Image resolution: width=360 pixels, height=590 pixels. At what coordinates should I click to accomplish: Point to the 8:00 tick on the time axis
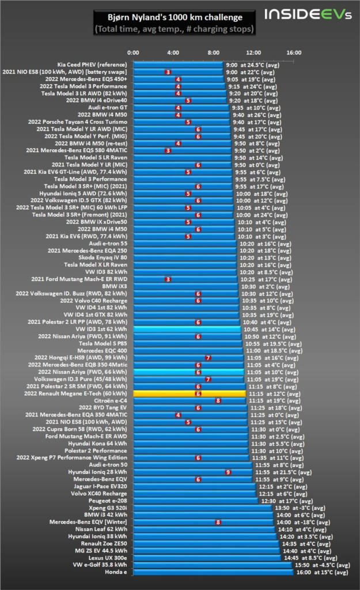(x=213, y=53)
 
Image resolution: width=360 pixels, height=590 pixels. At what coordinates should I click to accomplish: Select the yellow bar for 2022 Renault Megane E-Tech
(x=190, y=394)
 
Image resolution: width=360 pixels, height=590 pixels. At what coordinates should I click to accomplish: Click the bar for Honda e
(x=213, y=572)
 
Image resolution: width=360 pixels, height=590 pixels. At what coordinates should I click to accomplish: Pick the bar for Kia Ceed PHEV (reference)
(x=179, y=65)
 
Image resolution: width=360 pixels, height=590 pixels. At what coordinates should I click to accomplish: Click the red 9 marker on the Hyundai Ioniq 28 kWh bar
(x=228, y=472)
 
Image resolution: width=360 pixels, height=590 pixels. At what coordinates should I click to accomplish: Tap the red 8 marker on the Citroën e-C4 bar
(x=218, y=400)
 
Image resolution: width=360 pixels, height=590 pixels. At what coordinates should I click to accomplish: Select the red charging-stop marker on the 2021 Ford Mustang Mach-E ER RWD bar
(x=168, y=279)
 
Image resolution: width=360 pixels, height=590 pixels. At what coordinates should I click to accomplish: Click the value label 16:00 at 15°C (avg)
(x=321, y=572)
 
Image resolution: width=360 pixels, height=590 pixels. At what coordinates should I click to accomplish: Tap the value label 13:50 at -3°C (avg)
(x=300, y=508)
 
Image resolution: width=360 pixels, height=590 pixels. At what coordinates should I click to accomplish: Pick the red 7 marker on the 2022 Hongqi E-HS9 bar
(x=208, y=358)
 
